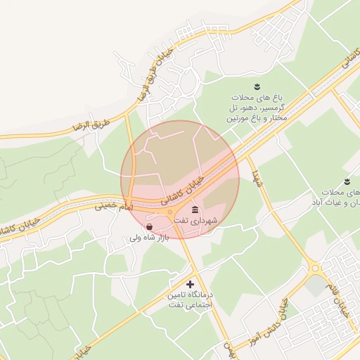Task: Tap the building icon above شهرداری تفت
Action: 195,211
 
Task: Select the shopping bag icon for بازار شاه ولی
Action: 149,226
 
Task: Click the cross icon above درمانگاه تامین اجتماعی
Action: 190,283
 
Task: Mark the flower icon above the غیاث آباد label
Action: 347,181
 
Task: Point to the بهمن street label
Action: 227,348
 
